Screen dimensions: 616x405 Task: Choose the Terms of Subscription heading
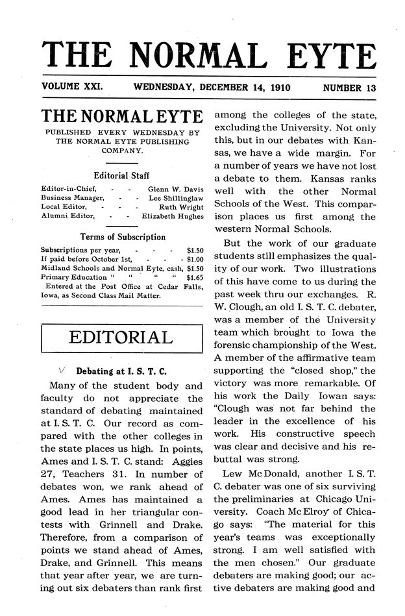point(122,237)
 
